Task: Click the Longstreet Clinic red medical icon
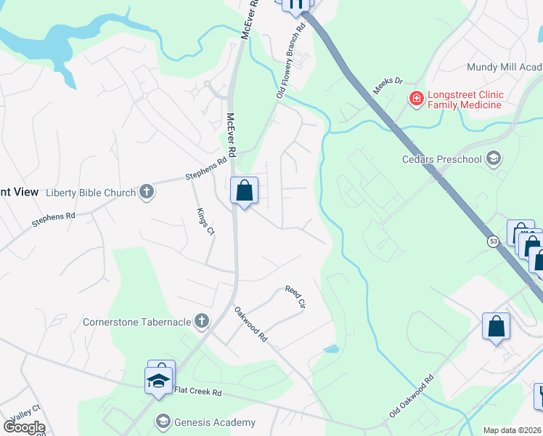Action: (417, 99)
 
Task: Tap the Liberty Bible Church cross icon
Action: (146, 193)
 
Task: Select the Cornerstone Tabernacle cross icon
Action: (202, 320)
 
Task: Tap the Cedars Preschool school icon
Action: (494, 158)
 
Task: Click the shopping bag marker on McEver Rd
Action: (245, 192)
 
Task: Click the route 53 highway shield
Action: (493, 241)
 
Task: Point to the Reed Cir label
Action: (296, 297)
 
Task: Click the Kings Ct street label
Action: (205, 222)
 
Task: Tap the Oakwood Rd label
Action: (250, 324)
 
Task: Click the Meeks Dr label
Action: (388, 86)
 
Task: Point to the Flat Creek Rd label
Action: (197, 392)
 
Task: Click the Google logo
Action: (23, 427)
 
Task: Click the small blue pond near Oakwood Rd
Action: (331, 349)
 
